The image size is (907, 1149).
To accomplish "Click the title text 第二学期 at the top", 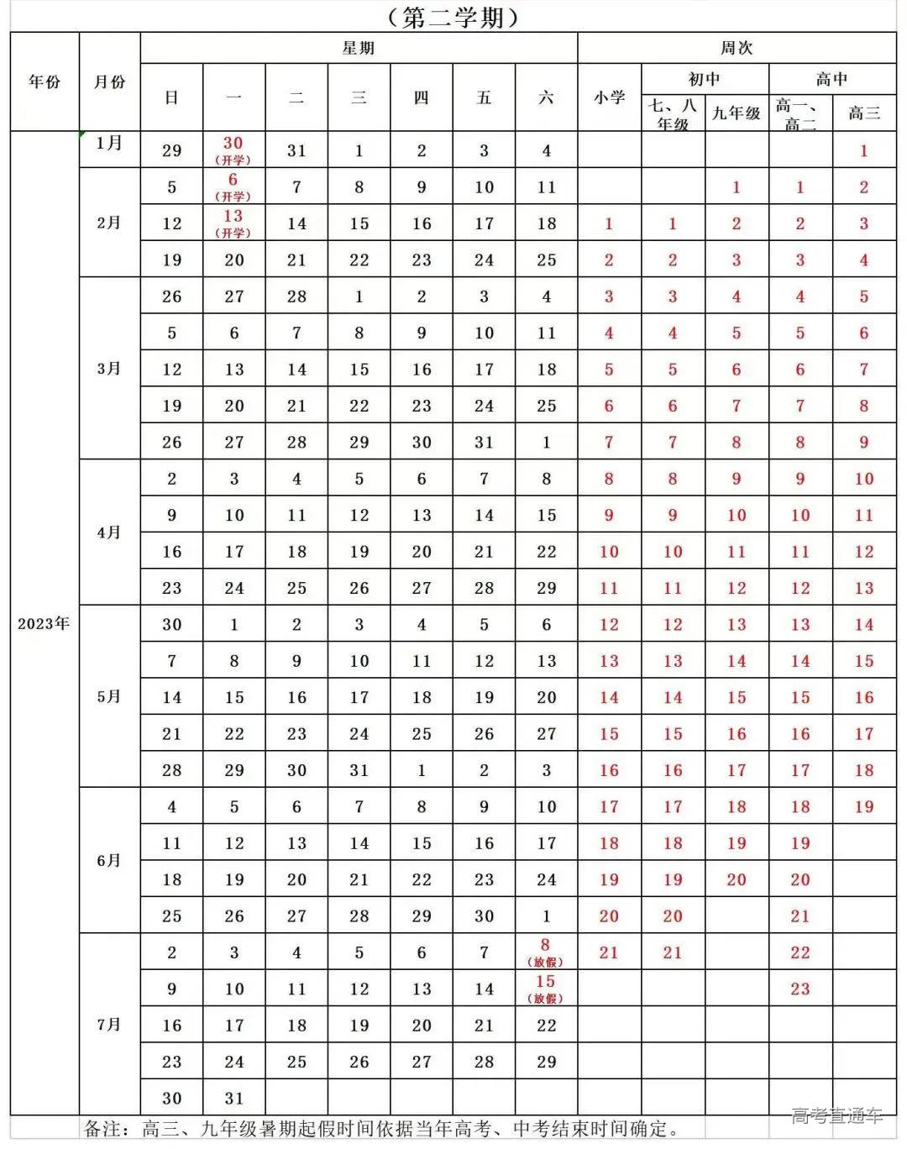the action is pyautogui.click(x=453, y=17).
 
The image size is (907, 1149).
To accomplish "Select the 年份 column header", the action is pyautogui.click(x=45, y=81).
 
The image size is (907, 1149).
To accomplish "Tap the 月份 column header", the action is pyautogui.click(x=109, y=81).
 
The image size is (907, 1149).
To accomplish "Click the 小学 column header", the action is pyautogui.click(x=609, y=97).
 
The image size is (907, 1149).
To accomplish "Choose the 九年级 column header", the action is pyautogui.click(x=737, y=113).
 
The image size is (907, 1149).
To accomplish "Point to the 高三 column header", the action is pyautogui.click(x=864, y=113).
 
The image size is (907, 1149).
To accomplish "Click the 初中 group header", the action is pyautogui.click(x=704, y=79).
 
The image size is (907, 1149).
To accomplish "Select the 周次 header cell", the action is pyautogui.click(x=736, y=48).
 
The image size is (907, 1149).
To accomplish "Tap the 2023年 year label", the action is pyautogui.click(x=44, y=623).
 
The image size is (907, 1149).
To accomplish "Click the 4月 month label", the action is pyautogui.click(x=109, y=533).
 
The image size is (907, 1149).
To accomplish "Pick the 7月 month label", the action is pyautogui.click(x=109, y=1025).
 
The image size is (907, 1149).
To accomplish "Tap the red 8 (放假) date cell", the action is pyautogui.click(x=545, y=952).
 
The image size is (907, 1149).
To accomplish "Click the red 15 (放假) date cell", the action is pyautogui.click(x=545, y=988).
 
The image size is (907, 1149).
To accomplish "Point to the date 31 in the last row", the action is pyautogui.click(x=234, y=1098).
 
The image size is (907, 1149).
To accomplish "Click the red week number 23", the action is pyautogui.click(x=800, y=989).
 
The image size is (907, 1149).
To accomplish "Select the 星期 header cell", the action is pyautogui.click(x=358, y=48).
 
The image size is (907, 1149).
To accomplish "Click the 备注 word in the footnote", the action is pyautogui.click(x=104, y=1129).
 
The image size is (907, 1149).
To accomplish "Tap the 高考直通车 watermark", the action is pyautogui.click(x=836, y=1115).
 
